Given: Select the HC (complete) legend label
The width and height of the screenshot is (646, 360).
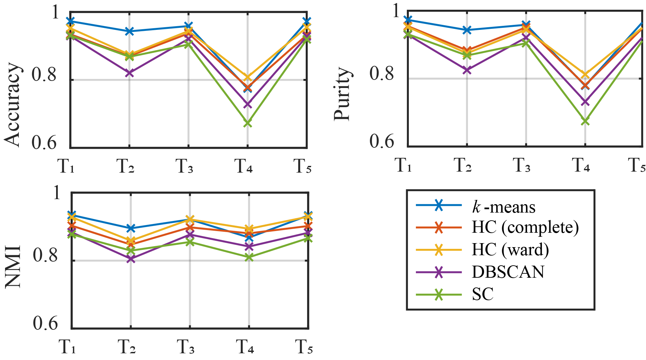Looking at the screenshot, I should point(525,228).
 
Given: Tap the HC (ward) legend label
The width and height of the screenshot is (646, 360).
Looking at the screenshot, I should point(510,250).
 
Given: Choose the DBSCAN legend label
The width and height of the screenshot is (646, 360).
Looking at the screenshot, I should point(508,272).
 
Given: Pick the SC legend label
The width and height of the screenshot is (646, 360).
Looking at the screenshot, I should point(482,294).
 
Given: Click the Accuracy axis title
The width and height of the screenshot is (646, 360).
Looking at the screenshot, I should point(13,105).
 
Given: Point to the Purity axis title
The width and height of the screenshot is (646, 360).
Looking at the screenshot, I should point(342,94).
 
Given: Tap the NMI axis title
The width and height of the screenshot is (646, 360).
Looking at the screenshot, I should point(13,267).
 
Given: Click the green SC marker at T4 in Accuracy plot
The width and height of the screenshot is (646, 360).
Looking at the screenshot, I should point(248,123).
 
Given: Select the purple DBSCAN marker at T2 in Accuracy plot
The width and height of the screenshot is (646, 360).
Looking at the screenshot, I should point(129,73).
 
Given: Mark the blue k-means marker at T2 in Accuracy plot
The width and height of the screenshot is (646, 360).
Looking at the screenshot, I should point(129,32).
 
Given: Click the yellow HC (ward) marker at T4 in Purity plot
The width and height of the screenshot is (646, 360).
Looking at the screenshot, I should point(585,75).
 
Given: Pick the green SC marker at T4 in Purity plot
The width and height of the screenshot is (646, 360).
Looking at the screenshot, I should point(585,121).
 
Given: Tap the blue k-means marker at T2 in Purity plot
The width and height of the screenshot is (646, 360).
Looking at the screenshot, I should point(467,30).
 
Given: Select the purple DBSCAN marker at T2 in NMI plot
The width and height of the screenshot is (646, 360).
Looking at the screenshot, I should point(131,259).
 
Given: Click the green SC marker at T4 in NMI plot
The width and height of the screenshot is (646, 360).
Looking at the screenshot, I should point(249,258).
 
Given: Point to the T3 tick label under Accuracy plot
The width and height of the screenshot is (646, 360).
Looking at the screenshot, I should point(184,166).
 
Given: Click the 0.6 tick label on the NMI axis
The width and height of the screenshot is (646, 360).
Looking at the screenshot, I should point(45,323).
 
